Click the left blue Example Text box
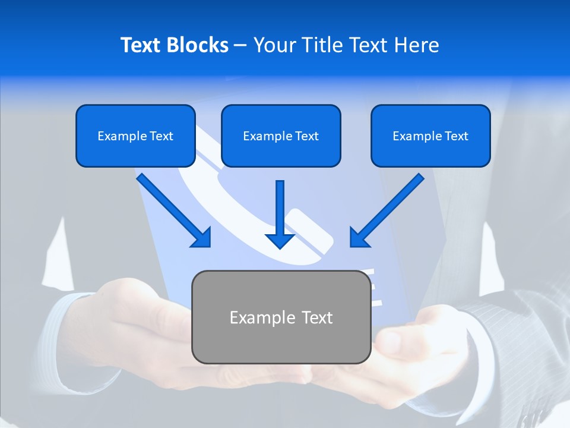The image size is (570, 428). tap(135, 136)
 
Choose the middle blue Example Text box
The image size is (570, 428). tap(281, 136)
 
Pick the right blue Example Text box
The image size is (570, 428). tap(430, 136)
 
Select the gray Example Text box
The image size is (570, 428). tap(281, 317)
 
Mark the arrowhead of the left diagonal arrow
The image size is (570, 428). tap(202, 238)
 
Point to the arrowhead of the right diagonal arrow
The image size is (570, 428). tap(359, 238)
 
